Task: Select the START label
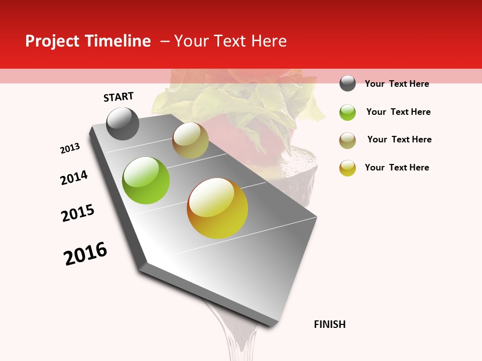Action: (x=118, y=97)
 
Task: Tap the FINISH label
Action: (x=330, y=324)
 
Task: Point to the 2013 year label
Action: (x=70, y=148)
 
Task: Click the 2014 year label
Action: (x=74, y=177)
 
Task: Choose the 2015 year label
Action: (x=78, y=213)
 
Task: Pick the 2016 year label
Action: (x=85, y=253)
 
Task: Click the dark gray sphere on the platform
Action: (x=123, y=123)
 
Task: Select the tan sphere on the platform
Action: (x=190, y=140)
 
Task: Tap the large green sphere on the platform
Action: (x=146, y=180)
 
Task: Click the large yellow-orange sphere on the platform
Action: (x=217, y=208)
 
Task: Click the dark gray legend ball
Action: (x=347, y=83)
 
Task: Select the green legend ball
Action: (x=347, y=112)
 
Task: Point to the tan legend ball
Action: (x=347, y=140)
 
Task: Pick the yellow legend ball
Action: (x=347, y=168)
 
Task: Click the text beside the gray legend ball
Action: (x=397, y=84)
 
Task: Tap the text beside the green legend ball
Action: (x=398, y=112)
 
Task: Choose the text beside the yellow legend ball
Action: (x=397, y=167)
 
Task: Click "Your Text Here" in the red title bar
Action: (x=230, y=41)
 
